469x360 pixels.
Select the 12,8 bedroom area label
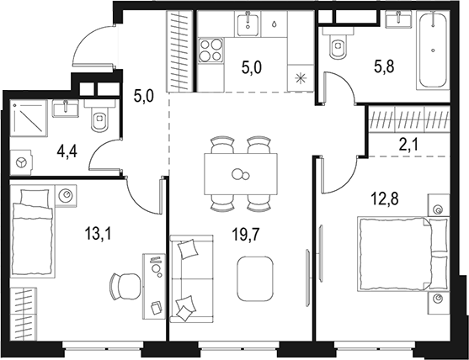coord(385,199)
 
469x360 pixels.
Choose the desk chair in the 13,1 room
coord(124,287)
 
